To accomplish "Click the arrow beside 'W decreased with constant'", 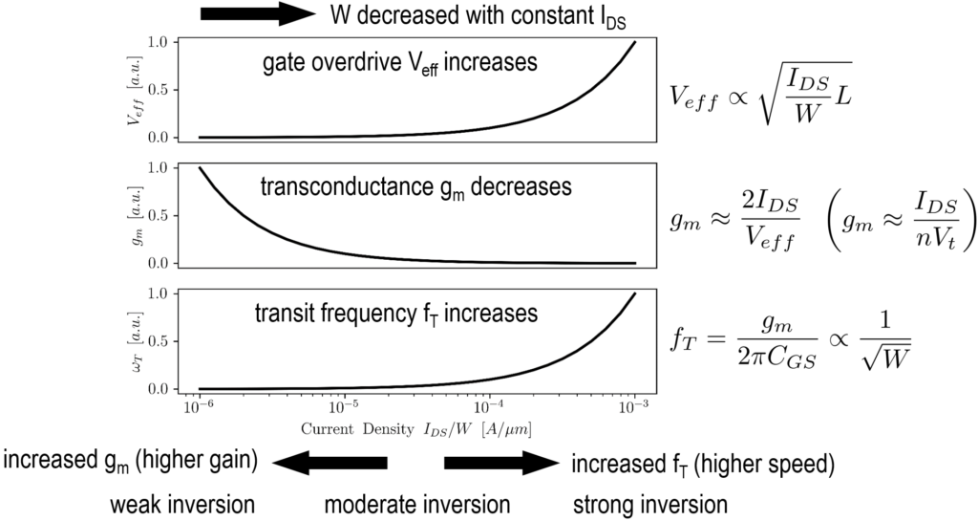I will [x=258, y=14].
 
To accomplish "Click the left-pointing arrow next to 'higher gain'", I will [x=330, y=464].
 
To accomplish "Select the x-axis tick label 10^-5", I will [x=345, y=407].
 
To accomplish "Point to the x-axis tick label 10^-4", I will [x=489, y=407].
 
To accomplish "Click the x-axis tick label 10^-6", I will [x=200, y=407].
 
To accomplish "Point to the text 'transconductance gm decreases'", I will [x=415, y=188].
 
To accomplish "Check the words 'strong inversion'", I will [x=649, y=504].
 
